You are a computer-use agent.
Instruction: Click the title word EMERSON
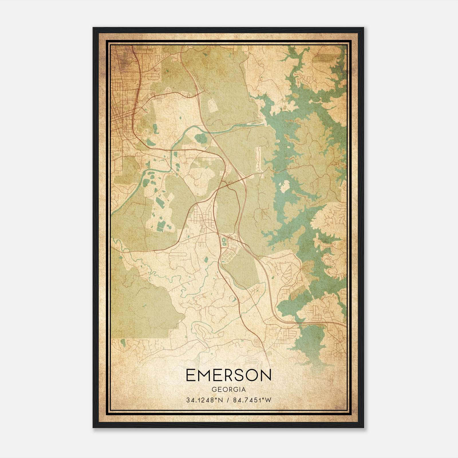click(x=228, y=375)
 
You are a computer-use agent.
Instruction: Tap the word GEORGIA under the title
click(x=228, y=390)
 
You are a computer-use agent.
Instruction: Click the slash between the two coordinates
click(x=228, y=400)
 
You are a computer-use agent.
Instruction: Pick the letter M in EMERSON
click(x=205, y=375)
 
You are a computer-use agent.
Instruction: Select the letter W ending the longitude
click(x=268, y=400)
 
